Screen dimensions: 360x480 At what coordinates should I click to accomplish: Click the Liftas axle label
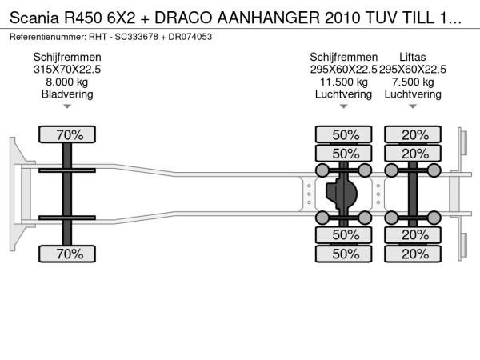click(412, 57)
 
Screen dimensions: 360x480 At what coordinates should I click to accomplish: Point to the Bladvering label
click(67, 94)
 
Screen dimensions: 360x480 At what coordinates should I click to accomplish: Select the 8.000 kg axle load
click(67, 82)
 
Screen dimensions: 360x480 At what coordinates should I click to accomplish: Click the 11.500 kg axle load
click(344, 82)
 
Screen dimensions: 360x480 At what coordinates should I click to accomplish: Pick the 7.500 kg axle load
click(412, 82)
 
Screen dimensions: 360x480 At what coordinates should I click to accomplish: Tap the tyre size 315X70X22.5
click(67, 70)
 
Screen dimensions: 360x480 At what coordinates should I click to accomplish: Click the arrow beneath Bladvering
click(67, 106)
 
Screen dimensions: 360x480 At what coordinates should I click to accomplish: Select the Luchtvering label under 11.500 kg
click(344, 94)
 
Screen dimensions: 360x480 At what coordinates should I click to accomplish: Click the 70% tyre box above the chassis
click(67, 134)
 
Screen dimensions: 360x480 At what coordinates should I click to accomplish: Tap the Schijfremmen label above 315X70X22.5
click(67, 57)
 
